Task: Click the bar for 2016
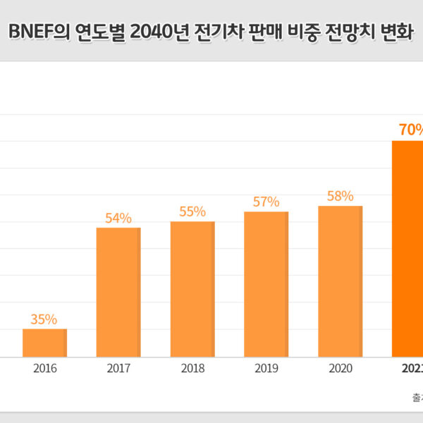44,343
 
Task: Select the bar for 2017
118,292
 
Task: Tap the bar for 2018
192,289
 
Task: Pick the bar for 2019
266,284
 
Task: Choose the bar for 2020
340,281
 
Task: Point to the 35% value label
44,319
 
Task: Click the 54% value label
118,218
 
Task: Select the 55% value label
192,211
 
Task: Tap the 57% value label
266,202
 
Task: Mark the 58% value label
340,196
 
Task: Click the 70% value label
411,130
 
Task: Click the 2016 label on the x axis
44,368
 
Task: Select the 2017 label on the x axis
118,368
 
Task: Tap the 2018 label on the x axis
192,368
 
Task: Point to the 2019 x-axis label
266,368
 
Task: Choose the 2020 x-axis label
340,368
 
